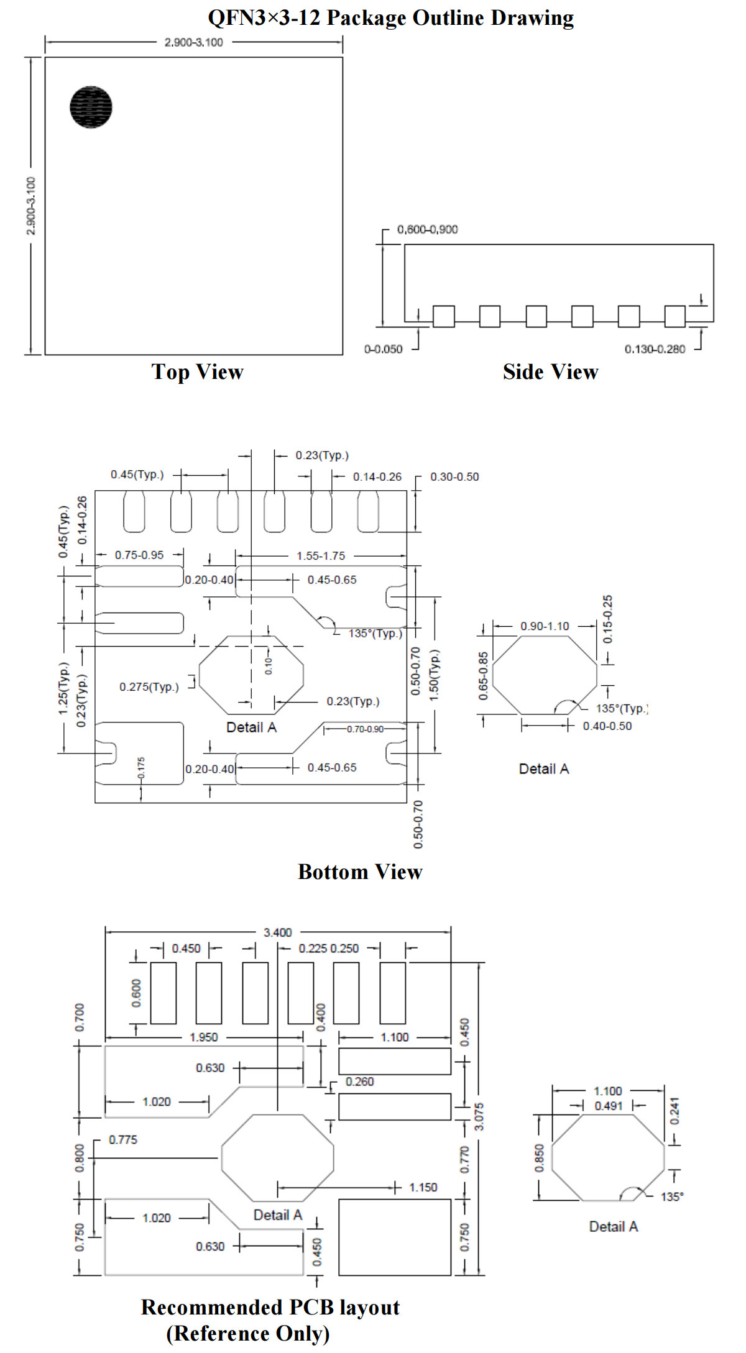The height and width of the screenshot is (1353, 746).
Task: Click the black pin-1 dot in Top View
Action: click(91, 107)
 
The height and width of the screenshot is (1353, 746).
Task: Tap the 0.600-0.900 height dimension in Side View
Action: click(427, 230)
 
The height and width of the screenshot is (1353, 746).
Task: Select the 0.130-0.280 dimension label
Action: click(655, 349)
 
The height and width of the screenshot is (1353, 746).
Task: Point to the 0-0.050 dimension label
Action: click(383, 349)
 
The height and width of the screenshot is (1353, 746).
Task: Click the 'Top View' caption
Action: click(198, 371)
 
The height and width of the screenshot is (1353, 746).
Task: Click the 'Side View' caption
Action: click(550, 371)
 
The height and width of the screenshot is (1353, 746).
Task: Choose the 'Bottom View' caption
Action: click(360, 872)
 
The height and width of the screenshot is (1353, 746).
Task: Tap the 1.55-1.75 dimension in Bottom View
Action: click(321, 556)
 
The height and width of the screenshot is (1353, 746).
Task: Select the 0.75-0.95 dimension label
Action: click(139, 555)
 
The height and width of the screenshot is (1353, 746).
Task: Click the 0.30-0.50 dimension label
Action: click(454, 477)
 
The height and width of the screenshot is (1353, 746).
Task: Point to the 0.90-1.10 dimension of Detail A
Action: click(545, 626)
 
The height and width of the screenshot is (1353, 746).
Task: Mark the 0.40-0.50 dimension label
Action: click(607, 726)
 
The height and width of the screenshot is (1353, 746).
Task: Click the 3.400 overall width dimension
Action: click(277, 932)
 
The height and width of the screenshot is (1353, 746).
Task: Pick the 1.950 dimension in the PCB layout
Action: click(204, 1037)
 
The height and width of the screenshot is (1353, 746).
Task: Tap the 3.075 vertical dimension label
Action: click(479, 1117)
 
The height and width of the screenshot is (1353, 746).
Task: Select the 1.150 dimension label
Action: click(423, 1188)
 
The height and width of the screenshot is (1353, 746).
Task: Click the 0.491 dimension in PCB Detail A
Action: click(608, 1106)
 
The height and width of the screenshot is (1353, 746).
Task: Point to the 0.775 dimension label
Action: click(123, 1140)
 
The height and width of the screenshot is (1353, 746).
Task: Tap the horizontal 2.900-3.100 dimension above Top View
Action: click(193, 42)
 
